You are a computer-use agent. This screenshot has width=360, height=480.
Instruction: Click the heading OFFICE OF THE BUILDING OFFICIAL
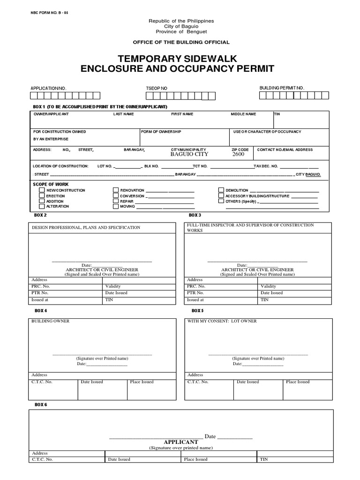(181, 42)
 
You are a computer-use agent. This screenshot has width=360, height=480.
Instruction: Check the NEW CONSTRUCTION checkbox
(42, 191)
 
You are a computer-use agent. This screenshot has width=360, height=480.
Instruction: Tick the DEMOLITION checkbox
(221, 190)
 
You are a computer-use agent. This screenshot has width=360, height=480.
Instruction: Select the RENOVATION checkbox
(115, 190)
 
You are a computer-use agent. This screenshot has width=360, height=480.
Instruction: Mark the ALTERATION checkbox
(42, 206)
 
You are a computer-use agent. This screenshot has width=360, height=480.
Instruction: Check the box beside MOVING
(115, 206)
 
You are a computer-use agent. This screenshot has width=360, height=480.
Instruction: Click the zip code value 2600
(238, 154)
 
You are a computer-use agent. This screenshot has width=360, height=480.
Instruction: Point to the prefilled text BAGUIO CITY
(189, 154)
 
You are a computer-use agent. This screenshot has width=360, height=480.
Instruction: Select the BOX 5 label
(197, 311)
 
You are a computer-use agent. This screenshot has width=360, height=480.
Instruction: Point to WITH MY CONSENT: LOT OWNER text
(222, 321)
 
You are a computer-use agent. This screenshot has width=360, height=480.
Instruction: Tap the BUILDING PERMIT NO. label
(282, 88)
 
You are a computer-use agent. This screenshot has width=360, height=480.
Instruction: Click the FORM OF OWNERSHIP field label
(161, 132)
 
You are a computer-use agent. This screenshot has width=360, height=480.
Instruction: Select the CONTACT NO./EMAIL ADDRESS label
(285, 150)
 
